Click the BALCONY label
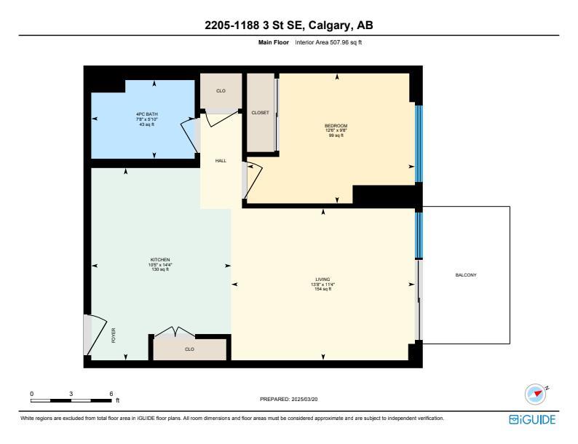(x=466, y=275)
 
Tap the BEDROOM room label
(x=336, y=126)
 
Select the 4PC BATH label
(x=147, y=114)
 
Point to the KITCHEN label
(x=160, y=260)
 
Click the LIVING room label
(x=322, y=280)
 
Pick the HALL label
(x=221, y=161)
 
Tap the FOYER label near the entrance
(x=114, y=336)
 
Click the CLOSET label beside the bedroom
(x=261, y=113)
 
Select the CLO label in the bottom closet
(x=189, y=349)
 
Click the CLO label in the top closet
(x=221, y=91)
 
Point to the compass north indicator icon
(x=537, y=394)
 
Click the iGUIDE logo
(x=532, y=420)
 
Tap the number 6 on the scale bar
(x=111, y=394)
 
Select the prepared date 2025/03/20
(x=304, y=399)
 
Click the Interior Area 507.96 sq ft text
(x=328, y=42)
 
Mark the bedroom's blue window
(x=419, y=143)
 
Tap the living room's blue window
(x=419, y=235)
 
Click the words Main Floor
(x=274, y=42)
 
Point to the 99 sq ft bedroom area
(x=336, y=135)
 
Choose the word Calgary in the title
(x=328, y=25)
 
